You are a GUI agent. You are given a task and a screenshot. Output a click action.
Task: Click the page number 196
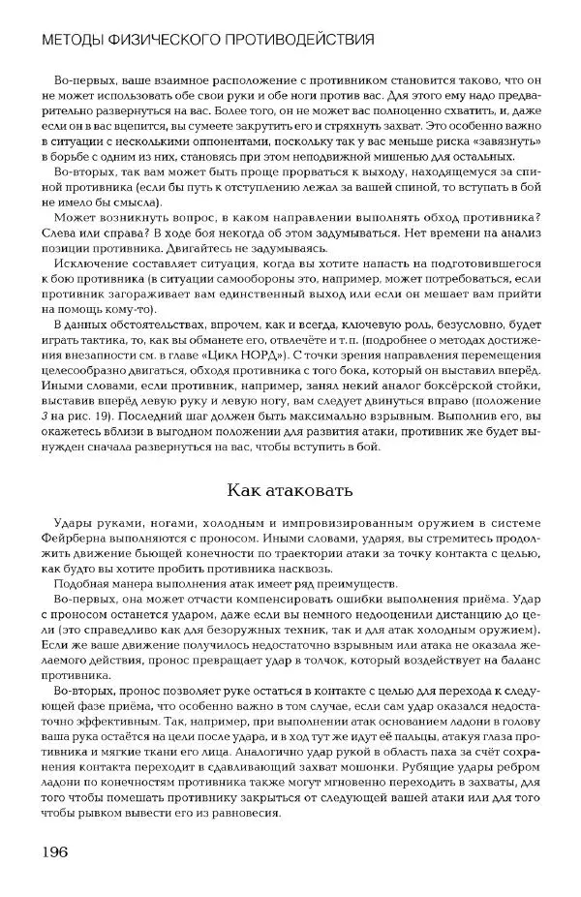point(52,851)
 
